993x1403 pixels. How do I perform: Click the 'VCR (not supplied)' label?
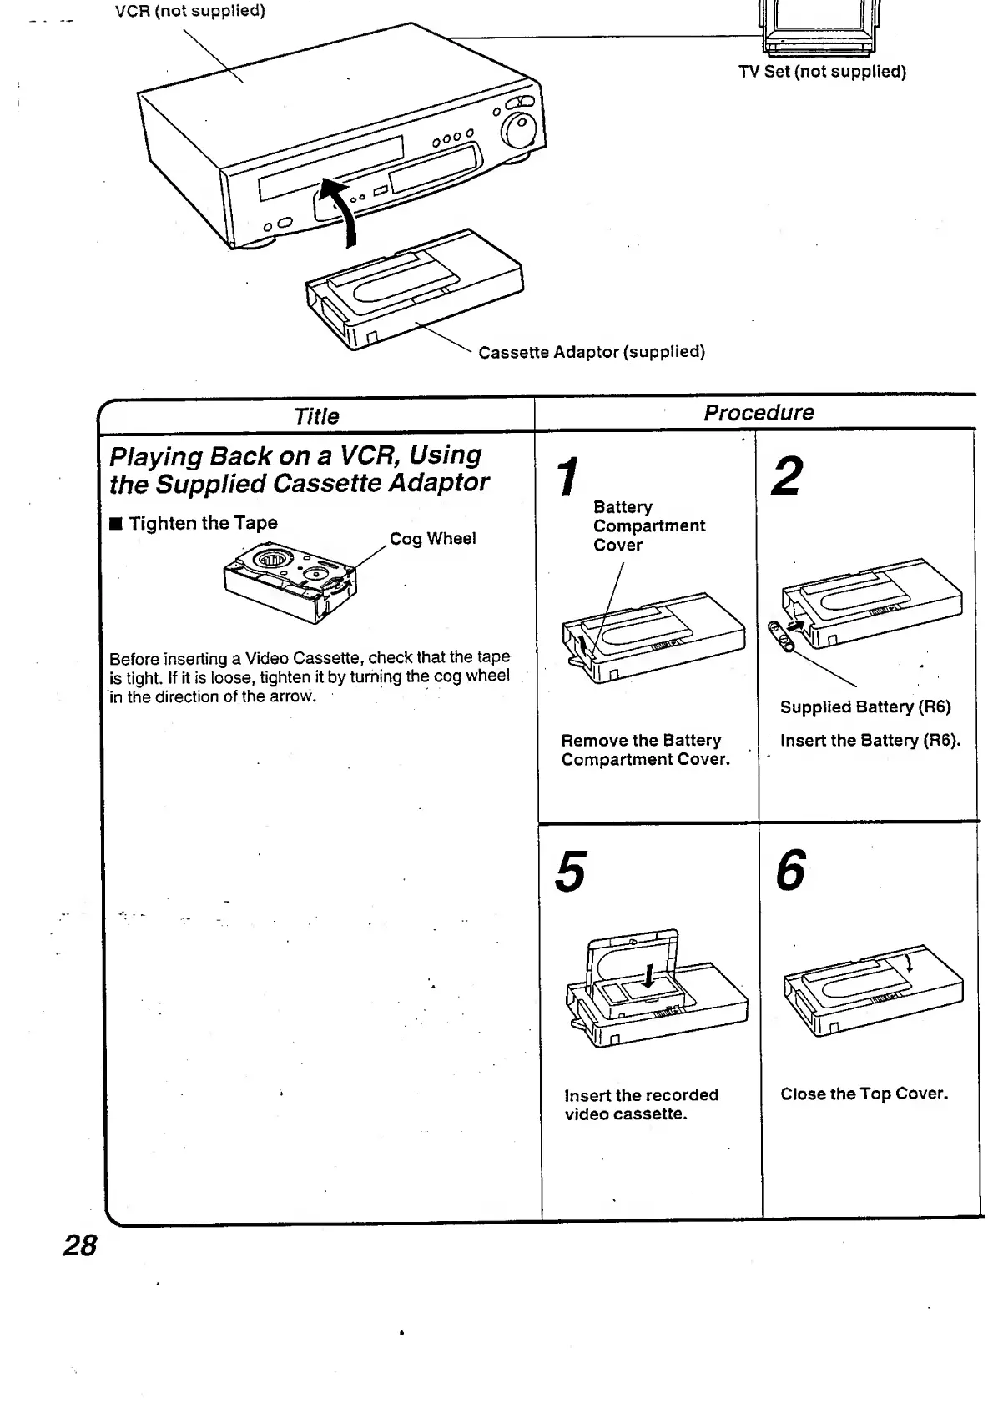click(190, 12)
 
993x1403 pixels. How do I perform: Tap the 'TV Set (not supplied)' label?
click(822, 72)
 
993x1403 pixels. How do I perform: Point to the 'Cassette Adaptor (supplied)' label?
click(592, 352)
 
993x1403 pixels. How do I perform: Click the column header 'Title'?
click(316, 416)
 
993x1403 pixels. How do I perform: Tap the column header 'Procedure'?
click(758, 413)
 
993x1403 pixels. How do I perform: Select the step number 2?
click(787, 475)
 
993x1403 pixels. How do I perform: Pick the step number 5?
click(570, 872)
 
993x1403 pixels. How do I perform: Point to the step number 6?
click(790, 870)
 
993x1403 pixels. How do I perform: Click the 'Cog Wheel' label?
click(432, 539)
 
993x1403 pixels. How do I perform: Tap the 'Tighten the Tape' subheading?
click(203, 524)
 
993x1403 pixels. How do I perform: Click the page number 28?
click(80, 1245)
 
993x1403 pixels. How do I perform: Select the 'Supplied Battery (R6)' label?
click(865, 707)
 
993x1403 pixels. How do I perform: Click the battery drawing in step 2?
click(782, 638)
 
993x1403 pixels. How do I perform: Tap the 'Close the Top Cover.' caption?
click(864, 1094)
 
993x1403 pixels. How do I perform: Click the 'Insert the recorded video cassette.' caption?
click(641, 1104)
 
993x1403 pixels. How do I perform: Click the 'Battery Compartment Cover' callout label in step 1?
click(648, 525)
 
